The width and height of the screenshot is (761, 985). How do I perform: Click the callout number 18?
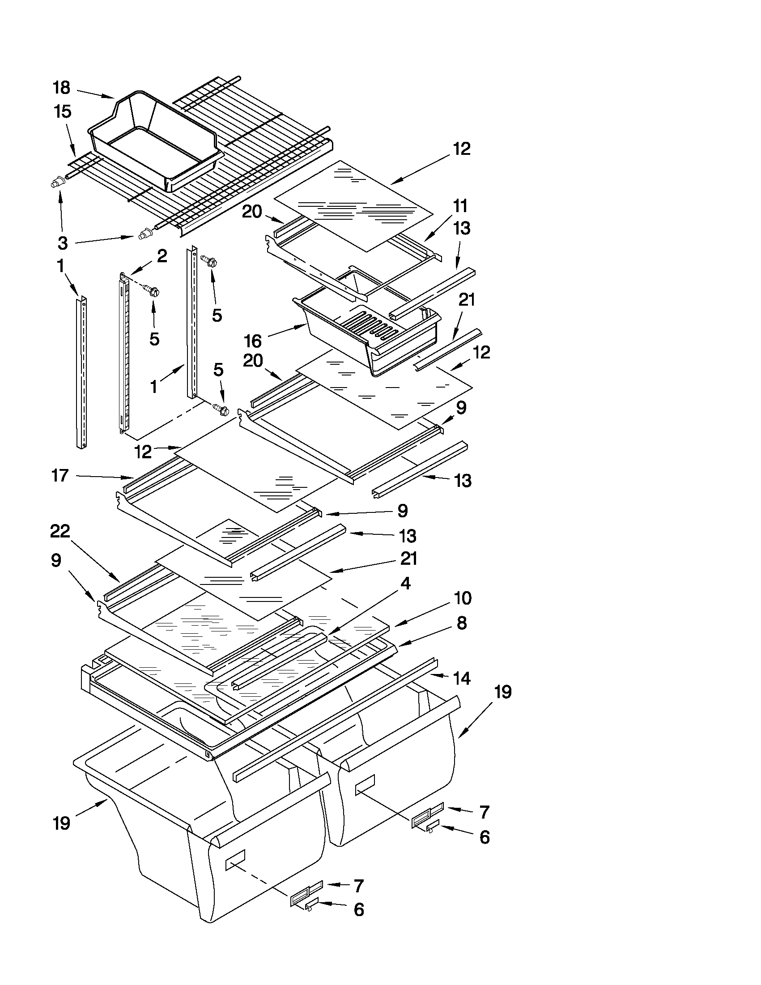[x=62, y=88]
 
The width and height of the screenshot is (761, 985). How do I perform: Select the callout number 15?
[x=63, y=111]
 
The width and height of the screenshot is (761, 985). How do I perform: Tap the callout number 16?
[x=253, y=341]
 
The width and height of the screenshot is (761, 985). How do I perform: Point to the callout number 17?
[x=60, y=475]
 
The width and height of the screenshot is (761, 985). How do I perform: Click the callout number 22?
[x=60, y=531]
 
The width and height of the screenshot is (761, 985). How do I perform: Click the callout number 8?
[x=462, y=623]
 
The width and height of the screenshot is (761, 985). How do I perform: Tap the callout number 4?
[x=405, y=584]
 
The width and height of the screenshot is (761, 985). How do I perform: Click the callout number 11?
[x=460, y=206]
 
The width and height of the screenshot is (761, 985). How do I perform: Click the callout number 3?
[x=63, y=243]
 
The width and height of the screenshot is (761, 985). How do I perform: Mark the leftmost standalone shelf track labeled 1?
[x=81, y=372]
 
